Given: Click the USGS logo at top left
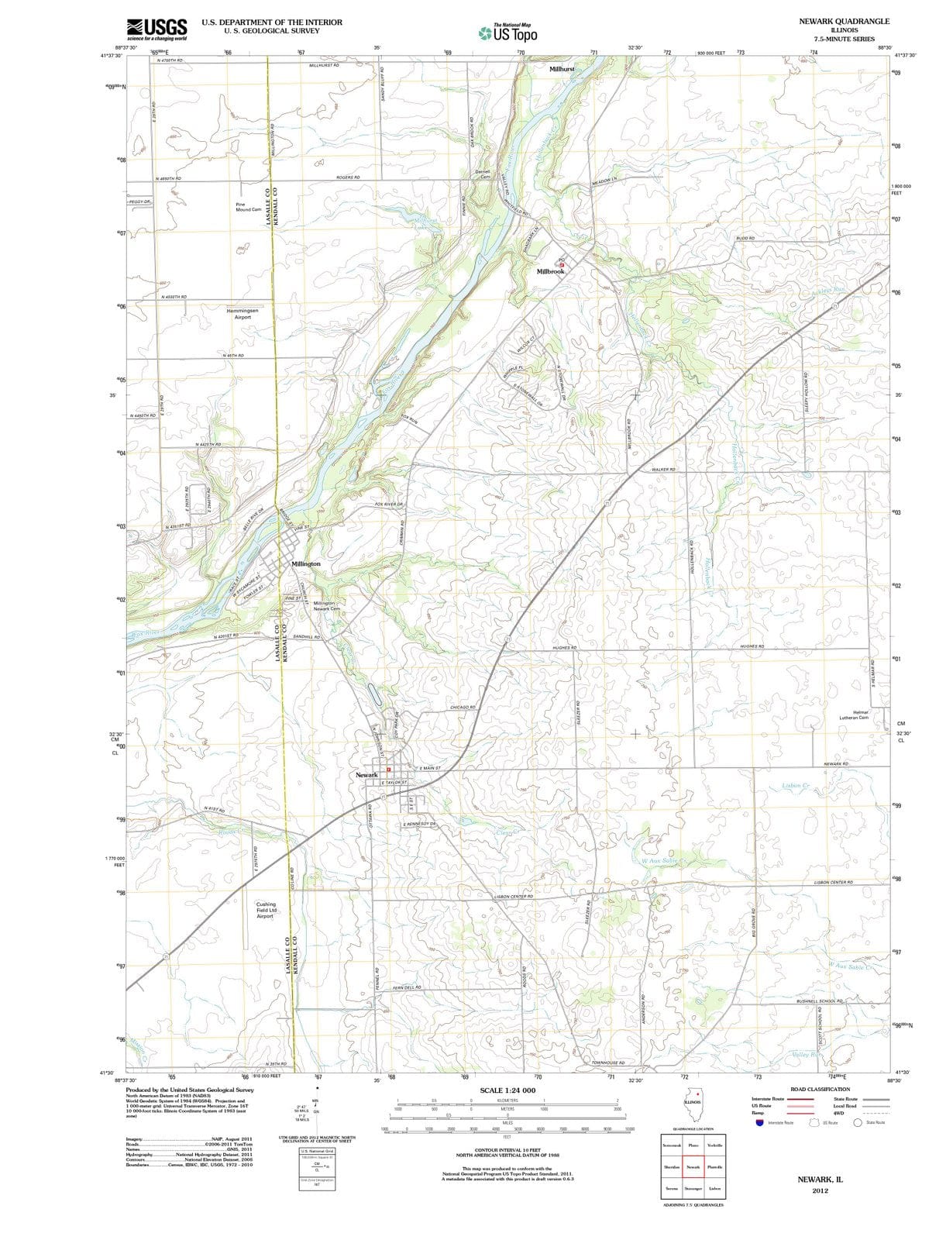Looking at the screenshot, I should click(x=157, y=29).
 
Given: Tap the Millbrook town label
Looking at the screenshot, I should click(x=551, y=271).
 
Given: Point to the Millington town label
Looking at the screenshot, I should click(x=306, y=563).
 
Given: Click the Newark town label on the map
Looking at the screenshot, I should click(x=366, y=775).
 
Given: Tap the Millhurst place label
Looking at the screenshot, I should click(x=562, y=69).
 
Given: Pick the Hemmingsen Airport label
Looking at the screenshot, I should click(x=243, y=314).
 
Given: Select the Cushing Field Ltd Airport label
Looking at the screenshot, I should click(x=266, y=910).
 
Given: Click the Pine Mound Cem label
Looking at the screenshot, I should click(x=248, y=207).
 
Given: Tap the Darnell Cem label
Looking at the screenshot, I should click(x=483, y=174).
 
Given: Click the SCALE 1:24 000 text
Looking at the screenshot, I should click(x=507, y=1090).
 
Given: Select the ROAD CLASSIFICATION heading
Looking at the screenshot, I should click(x=819, y=1089).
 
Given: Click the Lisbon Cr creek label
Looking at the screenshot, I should click(x=796, y=786).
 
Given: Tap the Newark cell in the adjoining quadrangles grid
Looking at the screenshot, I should click(x=693, y=1167).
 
